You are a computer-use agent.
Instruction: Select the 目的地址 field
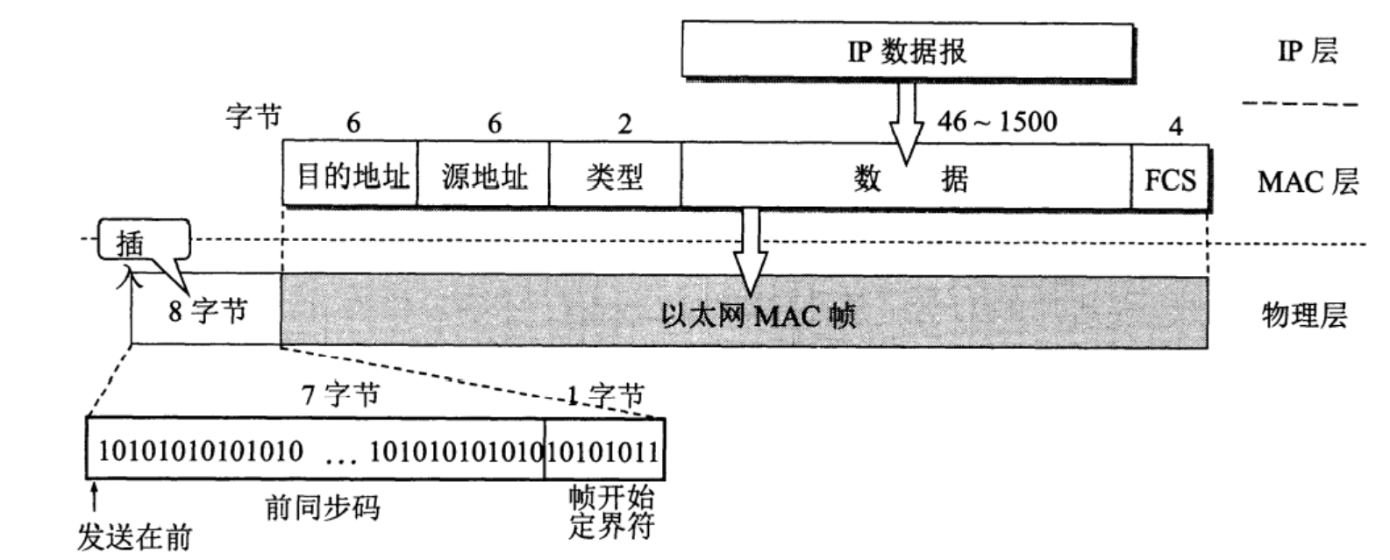pos(351,177)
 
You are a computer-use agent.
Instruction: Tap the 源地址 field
pos(483,177)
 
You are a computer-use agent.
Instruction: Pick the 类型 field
pos(615,177)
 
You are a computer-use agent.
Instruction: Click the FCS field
pos(1170,180)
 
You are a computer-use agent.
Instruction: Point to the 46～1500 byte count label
pos(997,121)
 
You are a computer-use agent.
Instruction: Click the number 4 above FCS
pos(1175,126)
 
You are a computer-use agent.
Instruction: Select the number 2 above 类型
pos(624,124)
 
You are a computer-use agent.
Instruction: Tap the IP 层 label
pos(1308,51)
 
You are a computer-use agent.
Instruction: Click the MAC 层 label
pos(1308,181)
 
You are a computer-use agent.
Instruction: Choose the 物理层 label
pos(1304,314)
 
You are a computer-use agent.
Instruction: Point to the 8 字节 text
pos(209,310)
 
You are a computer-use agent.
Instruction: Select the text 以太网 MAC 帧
pos(758,314)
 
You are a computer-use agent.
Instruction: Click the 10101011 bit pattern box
pos(603,450)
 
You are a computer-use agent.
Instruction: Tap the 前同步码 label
pos(323,507)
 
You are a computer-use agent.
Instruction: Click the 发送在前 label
pos(134,536)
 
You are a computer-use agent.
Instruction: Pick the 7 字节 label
pos(341,394)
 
